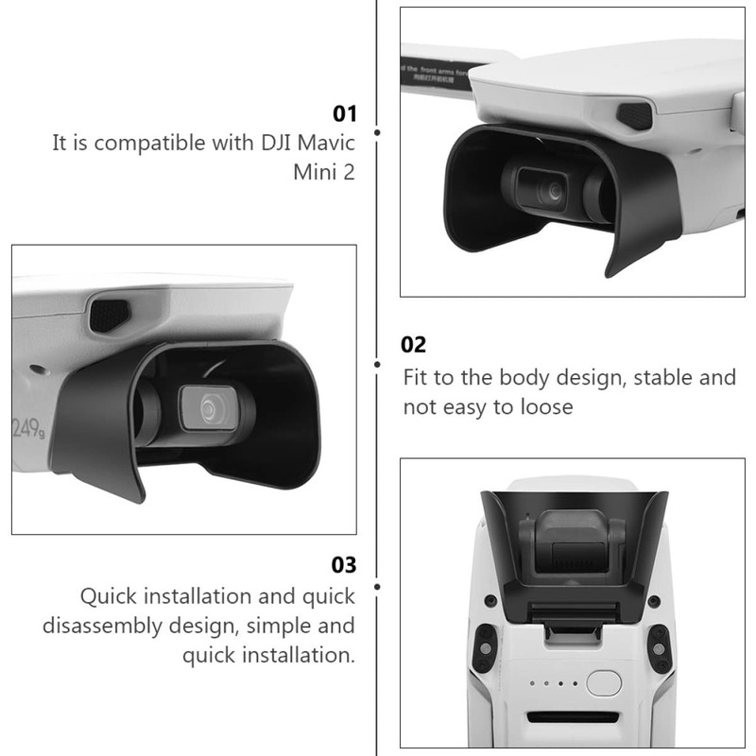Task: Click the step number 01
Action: tap(344, 114)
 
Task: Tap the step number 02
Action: tap(415, 345)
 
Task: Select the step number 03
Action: tap(344, 565)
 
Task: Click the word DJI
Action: tap(255, 145)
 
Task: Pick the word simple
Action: tap(281, 626)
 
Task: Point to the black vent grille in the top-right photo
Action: tap(634, 117)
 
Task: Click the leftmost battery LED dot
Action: tap(534, 682)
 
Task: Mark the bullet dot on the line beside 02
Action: tap(377, 364)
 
